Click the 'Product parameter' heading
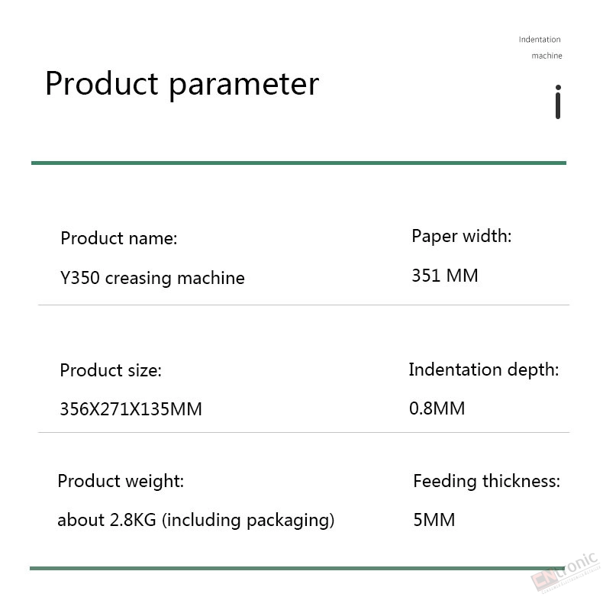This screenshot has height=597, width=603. (x=182, y=85)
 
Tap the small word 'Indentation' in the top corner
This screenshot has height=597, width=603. (x=540, y=39)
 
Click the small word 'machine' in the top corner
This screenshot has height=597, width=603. (x=547, y=56)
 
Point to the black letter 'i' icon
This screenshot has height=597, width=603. (x=558, y=102)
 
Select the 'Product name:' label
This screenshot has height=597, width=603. (x=119, y=238)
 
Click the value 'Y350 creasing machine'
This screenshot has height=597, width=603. (x=153, y=278)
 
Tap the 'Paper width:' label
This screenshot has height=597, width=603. (x=462, y=236)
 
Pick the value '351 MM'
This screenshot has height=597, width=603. (x=445, y=276)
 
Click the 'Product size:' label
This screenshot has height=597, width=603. (x=111, y=370)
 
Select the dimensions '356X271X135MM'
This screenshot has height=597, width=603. (x=131, y=409)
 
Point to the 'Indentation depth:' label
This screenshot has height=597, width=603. (x=484, y=369)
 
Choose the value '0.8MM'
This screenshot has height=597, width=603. (x=437, y=408)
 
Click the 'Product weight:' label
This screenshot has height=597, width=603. (x=121, y=481)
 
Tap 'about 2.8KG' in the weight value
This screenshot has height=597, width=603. (x=107, y=520)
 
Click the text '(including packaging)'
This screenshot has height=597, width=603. (x=248, y=521)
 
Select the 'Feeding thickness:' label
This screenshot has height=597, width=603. (x=486, y=481)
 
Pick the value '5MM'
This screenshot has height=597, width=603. (x=434, y=520)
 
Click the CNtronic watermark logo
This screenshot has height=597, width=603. (x=566, y=573)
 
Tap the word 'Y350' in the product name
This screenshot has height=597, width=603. (x=80, y=278)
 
